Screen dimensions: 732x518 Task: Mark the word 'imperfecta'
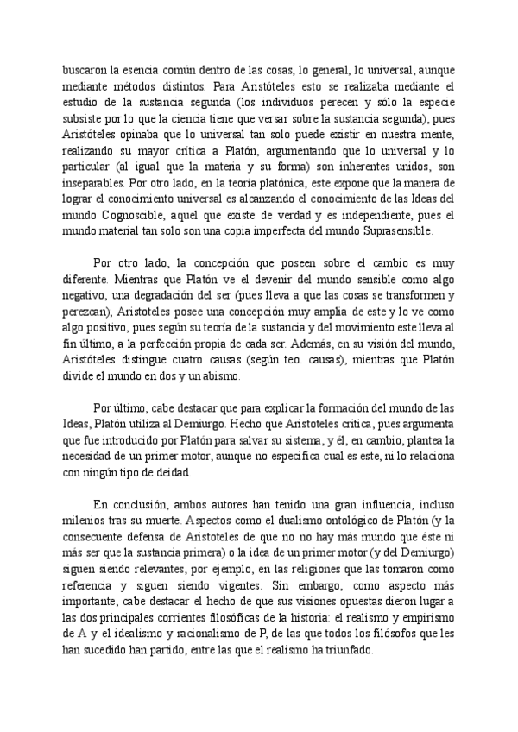[256, 233]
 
